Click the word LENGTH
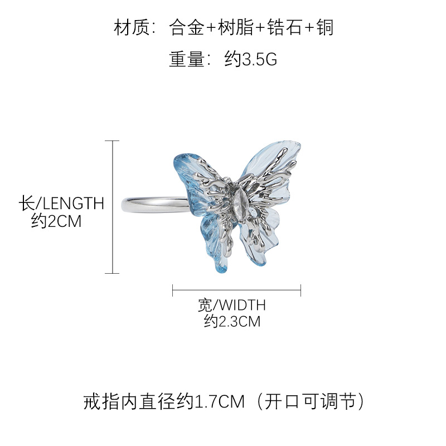tap(74, 203)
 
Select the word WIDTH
tap(240, 305)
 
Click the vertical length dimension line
tap(113, 207)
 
